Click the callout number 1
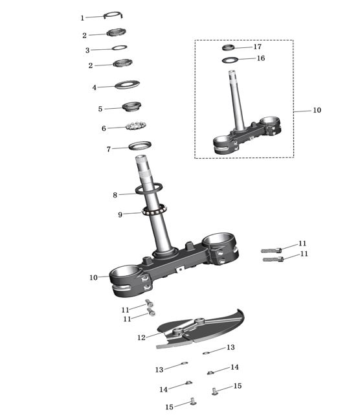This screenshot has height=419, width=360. pos(82,18)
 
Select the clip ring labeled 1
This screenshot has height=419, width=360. pos(113,13)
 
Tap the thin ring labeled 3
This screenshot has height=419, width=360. pos(119,48)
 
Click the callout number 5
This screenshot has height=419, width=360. pos(100,109)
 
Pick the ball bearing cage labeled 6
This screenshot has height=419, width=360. pos(136,126)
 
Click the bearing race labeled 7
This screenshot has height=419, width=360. pos(140,146)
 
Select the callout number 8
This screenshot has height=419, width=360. pos(115,195)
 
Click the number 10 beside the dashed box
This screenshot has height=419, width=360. pos(317,110)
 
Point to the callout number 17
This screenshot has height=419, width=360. pos(257,47)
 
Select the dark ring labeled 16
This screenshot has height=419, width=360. pos(230,60)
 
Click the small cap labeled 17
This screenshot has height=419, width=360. pos(229,47)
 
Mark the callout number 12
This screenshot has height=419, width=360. pos(141,337)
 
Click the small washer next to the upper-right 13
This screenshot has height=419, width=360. pos(206,353)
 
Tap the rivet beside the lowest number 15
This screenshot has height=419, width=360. pos(193,401)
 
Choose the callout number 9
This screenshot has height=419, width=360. pos(120,214)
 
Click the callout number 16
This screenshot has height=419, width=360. pos(261,58)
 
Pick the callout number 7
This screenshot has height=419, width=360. pos(109,149)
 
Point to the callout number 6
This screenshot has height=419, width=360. pos(104,128)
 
